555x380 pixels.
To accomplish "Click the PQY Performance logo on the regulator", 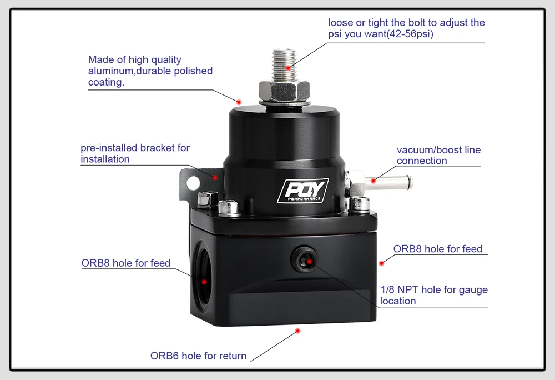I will [303, 191].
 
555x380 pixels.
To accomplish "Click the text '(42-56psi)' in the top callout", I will [407, 34].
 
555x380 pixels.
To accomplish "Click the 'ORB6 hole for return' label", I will [198, 356].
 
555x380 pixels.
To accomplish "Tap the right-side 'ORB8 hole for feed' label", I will [438, 249].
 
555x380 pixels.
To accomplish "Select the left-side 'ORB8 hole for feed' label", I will [126, 263].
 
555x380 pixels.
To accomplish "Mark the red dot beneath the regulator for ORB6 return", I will [297, 331].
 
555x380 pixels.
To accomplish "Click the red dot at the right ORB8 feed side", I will [381, 262].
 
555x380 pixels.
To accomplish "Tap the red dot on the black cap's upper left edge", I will [239, 102].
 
